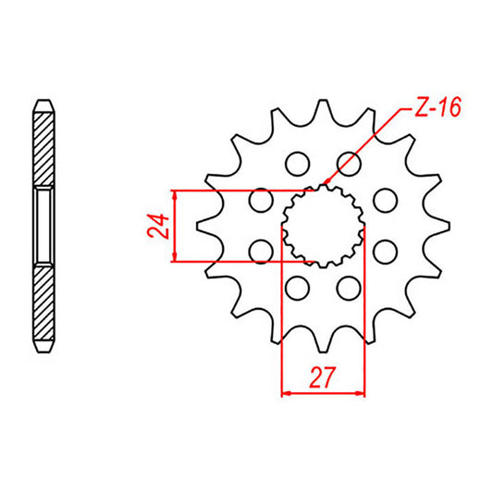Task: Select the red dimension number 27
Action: pos(323,379)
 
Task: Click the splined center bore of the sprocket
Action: pos(322,226)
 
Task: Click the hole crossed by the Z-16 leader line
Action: pos(348,165)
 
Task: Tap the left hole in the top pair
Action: pos(297,165)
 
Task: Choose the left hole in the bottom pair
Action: pos(297,288)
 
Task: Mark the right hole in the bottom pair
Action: pos(348,288)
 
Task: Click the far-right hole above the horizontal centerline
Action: pos(383,200)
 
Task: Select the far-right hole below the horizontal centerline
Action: pos(383,251)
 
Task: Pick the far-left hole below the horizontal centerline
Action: pos(261,251)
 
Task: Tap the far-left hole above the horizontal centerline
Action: pos(261,200)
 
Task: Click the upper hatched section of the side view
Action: pos(43,139)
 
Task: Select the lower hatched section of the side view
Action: pos(43,310)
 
